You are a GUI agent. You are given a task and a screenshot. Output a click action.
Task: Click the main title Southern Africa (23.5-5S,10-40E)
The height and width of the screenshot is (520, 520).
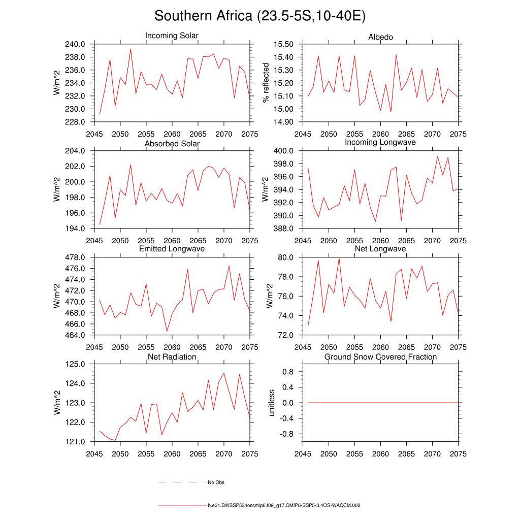260,16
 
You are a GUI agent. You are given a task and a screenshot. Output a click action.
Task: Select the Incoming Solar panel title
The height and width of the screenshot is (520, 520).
172,36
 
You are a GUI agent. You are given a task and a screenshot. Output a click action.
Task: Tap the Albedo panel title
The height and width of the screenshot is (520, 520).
380,37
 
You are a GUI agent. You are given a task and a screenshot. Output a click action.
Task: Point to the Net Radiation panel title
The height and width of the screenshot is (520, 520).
172,357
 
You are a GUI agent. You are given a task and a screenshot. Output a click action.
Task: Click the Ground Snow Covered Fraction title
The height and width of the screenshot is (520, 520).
380,357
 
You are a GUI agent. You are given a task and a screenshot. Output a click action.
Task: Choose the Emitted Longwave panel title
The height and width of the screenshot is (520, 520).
172,249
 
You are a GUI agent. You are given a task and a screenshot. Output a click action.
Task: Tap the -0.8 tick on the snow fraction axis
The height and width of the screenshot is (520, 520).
287,434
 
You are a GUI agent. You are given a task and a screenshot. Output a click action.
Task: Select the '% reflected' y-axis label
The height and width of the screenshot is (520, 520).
265,83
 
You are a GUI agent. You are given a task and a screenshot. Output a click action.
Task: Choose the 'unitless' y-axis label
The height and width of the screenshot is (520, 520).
271,403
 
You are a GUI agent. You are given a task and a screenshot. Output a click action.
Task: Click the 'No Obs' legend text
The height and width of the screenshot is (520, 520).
216,482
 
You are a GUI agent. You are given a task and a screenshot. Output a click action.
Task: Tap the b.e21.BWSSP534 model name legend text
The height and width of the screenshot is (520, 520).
284,506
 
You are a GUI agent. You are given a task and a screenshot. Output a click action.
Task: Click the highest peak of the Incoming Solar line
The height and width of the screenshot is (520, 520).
131,49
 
